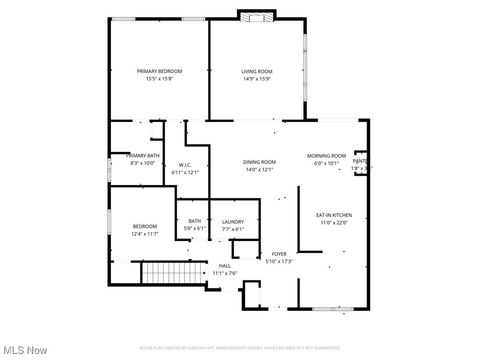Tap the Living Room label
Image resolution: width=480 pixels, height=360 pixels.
pyautogui.click(x=257, y=71)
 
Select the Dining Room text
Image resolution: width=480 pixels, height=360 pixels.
pyautogui.click(x=259, y=162)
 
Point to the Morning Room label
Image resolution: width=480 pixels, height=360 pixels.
pyautogui.click(x=326, y=156)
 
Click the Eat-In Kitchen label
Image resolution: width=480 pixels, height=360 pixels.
pyautogui.click(x=334, y=215)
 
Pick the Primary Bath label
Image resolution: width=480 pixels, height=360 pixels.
pyautogui.click(x=142, y=156)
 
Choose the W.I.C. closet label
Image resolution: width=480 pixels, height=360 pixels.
pyautogui.click(x=185, y=165)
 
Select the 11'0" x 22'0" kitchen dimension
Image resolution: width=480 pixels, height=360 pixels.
pyautogui.click(x=334, y=222)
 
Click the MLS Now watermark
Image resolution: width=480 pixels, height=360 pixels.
pyautogui.click(x=26, y=350)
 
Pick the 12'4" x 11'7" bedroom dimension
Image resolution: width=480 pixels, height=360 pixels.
pyautogui.click(x=145, y=233)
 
